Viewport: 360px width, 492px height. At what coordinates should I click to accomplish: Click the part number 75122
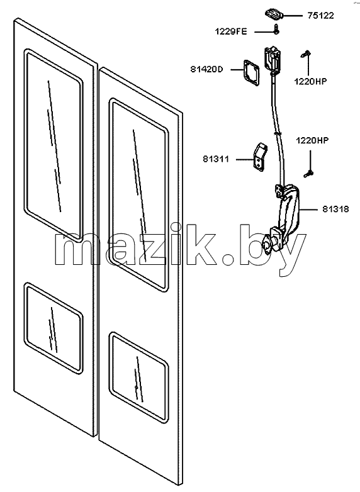pyautogui.click(x=320, y=16)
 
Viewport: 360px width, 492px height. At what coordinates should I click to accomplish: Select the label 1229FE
pyautogui.click(x=231, y=31)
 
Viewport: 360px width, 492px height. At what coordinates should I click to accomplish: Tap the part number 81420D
pyautogui.click(x=206, y=69)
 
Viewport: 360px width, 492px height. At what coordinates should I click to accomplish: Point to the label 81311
pyautogui.click(x=216, y=159)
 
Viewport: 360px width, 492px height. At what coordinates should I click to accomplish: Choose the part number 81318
pyautogui.click(x=335, y=209)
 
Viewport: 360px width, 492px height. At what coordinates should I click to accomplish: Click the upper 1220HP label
pyautogui.click(x=310, y=81)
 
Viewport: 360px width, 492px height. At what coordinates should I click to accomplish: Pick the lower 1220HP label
pyautogui.click(x=312, y=140)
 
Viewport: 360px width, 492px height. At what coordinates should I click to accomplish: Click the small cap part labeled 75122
pyautogui.click(x=274, y=14)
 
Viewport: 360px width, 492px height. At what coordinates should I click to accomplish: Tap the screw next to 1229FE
pyautogui.click(x=276, y=29)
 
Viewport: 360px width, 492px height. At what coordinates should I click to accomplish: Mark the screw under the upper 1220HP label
pyautogui.click(x=305, y=54)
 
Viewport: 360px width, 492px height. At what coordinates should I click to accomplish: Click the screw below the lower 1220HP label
pyautogui.click(x=308, y=173)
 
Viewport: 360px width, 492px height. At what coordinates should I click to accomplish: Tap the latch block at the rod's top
pyautogui.click(x=272, y=60)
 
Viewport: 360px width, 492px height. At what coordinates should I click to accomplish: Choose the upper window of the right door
pyautogui.click(x=138, y=195)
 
